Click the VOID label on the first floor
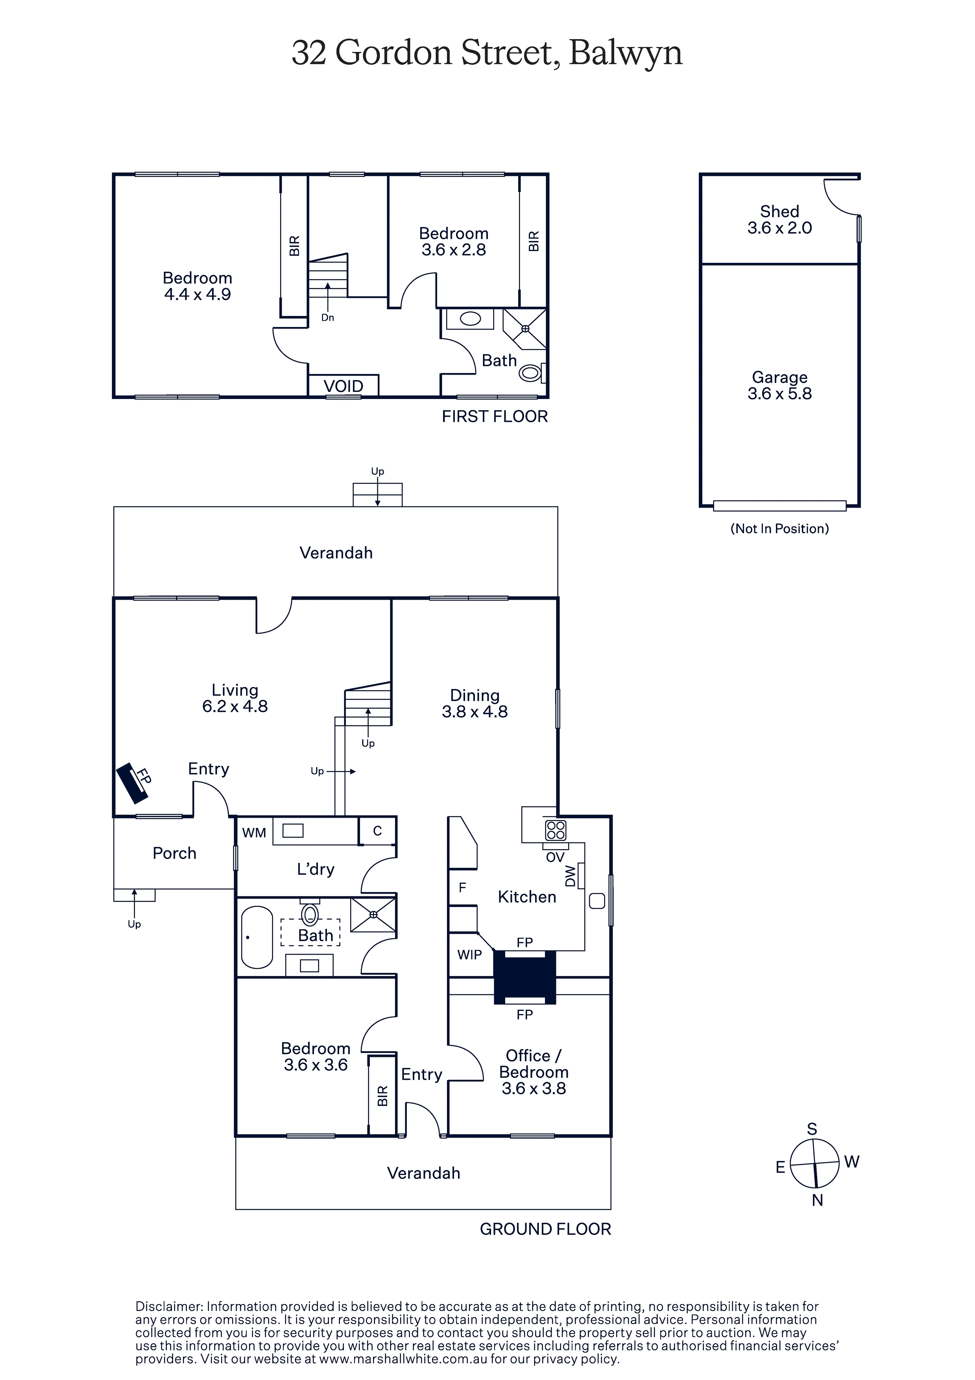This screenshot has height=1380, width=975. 343,386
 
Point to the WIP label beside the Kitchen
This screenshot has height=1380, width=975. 469,955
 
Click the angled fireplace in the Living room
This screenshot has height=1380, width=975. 132,783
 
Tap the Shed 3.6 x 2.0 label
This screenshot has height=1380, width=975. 779,220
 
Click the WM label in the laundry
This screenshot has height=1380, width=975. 254,833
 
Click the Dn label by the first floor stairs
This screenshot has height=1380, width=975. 328,317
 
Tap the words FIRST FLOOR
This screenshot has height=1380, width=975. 495,417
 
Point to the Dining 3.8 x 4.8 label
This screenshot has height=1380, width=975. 475,703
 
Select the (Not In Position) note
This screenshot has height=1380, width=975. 779,528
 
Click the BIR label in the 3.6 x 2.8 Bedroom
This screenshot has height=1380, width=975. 533,241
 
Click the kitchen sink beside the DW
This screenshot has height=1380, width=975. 597,901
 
